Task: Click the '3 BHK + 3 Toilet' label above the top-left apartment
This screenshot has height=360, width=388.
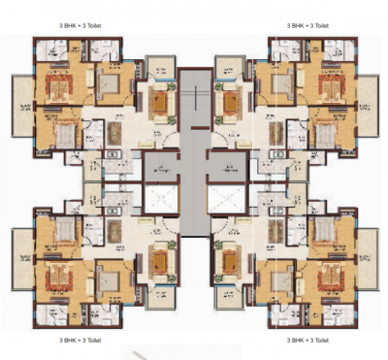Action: tap(80, 25)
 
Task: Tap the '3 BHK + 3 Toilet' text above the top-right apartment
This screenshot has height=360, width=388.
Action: tap(307, 25)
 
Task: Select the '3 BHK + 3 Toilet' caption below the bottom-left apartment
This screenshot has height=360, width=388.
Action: tap(80, 341)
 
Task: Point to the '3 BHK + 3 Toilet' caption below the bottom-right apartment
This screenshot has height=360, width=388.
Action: tap(307, 341)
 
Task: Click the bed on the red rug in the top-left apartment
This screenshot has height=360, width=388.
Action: tap(57, 88)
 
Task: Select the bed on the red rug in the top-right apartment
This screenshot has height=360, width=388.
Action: tap(330, 88)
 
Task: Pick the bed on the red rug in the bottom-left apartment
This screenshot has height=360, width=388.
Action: tap(57, 275)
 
